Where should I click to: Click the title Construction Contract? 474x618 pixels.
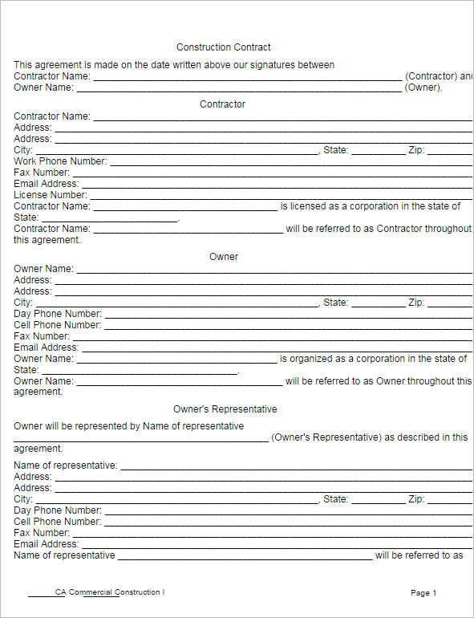point(224,47)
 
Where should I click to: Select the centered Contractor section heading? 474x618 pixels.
point(222,104)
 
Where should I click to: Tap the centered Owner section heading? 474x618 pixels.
point(224,257)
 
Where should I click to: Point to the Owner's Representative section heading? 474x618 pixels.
point(225,409)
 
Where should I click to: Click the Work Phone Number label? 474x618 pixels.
point(60,161)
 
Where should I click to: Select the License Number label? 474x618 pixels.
point(51,195)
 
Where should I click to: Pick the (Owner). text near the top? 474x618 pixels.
point(423,87)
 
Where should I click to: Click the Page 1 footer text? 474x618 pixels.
point(423,593)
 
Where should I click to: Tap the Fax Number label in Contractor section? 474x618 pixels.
point(42,173)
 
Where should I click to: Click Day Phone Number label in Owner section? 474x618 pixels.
point(58,314)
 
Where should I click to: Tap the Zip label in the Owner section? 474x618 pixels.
point(416,303)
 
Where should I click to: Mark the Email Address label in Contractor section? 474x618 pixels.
point(46,184)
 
